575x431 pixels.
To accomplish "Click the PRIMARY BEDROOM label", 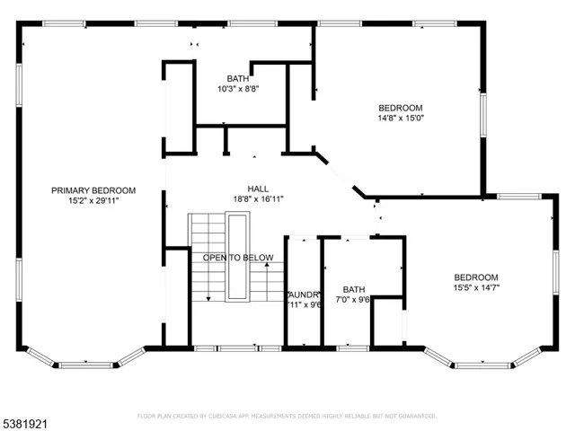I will tap(93, 190).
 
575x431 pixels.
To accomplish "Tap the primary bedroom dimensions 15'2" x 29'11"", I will tap(93, 201).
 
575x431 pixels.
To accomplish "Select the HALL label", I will tap(259, 189).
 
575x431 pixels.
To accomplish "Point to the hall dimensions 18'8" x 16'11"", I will tap(259, 199).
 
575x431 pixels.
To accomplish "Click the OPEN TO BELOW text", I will tap(238, 259).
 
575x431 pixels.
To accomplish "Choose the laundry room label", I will tap(304, 295).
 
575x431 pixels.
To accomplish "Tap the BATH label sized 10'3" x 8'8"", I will tap(238, 78).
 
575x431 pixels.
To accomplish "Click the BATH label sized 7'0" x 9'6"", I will tap(354, 290).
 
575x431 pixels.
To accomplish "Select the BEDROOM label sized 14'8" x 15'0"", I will tap(400, 107).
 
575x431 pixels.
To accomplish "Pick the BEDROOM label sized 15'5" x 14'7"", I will tap(475, 277).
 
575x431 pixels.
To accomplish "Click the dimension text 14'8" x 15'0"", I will tap(400, 118).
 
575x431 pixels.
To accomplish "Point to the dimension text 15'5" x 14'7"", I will tap(475, 288).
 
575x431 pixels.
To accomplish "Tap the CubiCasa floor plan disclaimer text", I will tap(287, 417).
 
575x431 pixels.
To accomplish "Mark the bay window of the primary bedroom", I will tap(84, 359).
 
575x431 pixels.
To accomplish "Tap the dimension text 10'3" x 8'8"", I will tap(238, 89).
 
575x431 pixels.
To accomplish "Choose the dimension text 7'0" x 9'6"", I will tap(354, 301).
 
